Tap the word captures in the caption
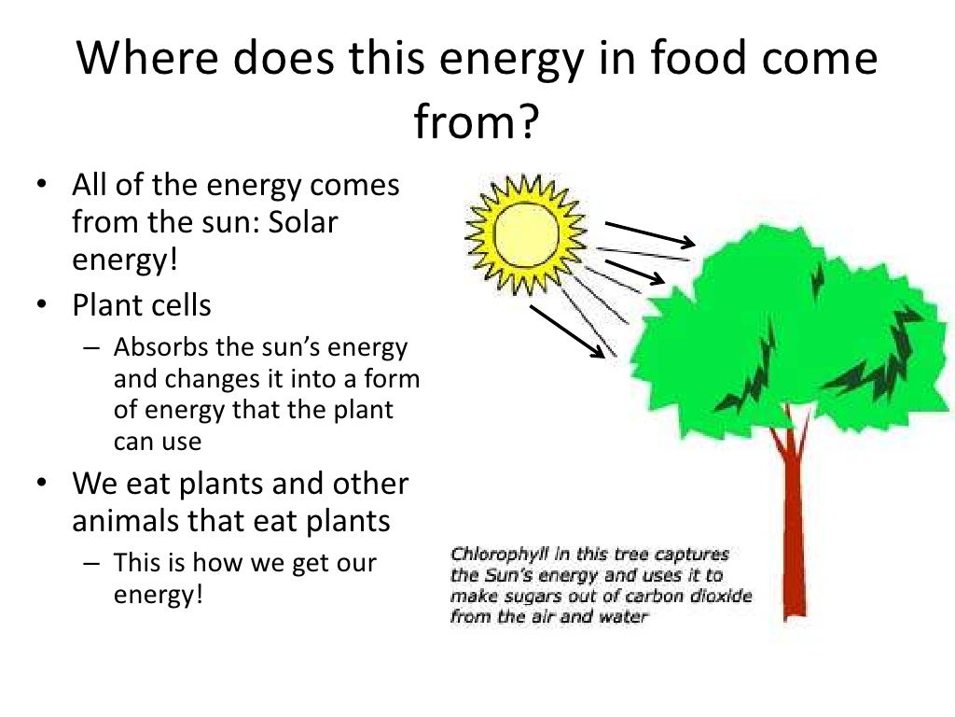[x=695, y=553]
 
